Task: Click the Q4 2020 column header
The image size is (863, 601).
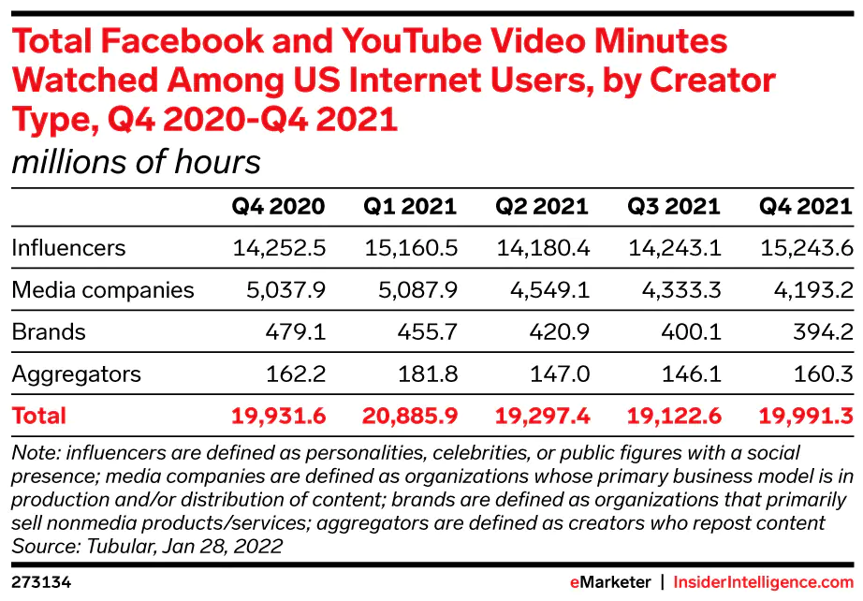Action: (278, 206)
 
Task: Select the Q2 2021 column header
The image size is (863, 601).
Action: (542, 206)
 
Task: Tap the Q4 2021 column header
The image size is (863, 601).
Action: (806, 206)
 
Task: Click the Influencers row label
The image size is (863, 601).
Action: (68, 248)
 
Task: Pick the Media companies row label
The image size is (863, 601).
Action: (103, 290)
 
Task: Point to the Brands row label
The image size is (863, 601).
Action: (48, 332)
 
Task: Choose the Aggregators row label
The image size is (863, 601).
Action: (76, 374)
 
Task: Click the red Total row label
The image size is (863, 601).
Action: (38, 416)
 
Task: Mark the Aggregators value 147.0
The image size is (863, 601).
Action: (559, 374)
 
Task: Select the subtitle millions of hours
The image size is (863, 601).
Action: (136, 162)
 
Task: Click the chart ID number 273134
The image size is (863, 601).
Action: (41, 582)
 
